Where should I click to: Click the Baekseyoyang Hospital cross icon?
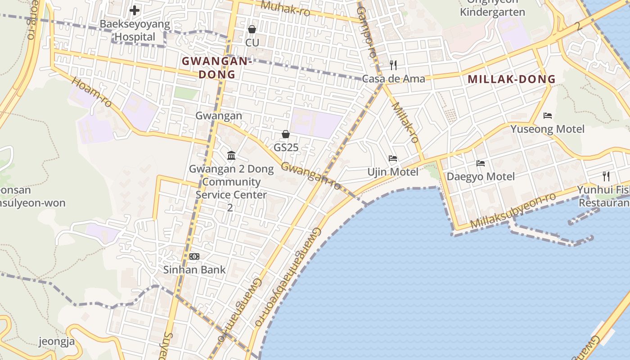click(x=134, y=10)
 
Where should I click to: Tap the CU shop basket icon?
click(x=252, y=29)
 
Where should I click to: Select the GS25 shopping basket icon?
click(x=285, y=134)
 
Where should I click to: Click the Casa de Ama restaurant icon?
click(x=393, y=65)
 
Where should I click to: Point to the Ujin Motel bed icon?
click(x=393, y=158)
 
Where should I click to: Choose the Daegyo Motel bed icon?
click(x=481, y=163)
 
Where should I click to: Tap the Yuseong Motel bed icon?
click(x=548, y=116)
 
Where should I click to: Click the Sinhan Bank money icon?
click(x=194, y=256)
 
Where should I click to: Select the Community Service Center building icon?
click(x=231, y=155)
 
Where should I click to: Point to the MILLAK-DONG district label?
click(x=512, y=79)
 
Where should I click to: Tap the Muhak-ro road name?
click(x=285, y=8)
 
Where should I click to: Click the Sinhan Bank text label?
click(x=194, y=270)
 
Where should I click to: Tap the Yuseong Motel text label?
click(x=547, y=129)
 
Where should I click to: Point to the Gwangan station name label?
click(x=219, y=116)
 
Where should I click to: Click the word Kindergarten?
click(x=492, y=12)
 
